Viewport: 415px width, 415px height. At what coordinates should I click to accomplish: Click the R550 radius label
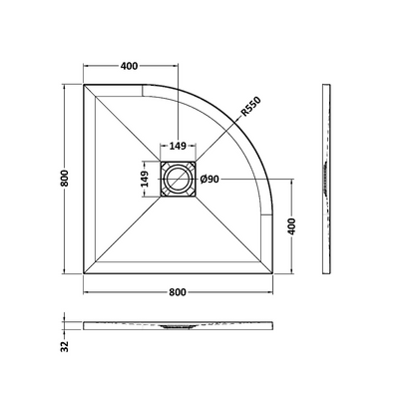[251, 106]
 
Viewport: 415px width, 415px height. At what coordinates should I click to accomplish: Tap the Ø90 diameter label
[209, 180]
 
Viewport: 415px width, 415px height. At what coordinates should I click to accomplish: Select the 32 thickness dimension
[65, 346]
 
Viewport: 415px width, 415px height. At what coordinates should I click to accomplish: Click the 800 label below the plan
[178, 292]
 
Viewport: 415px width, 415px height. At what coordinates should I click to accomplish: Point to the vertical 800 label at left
[65, 179]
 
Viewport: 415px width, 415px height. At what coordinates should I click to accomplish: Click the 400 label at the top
[129, 66]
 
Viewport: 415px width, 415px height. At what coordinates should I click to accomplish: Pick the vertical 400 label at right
[291, 226]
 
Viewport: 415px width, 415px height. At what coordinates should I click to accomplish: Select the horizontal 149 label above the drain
[178, 146]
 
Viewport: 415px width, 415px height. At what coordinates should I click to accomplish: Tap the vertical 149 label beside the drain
[145, 179]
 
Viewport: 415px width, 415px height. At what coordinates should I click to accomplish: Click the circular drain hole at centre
[178, 180]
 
